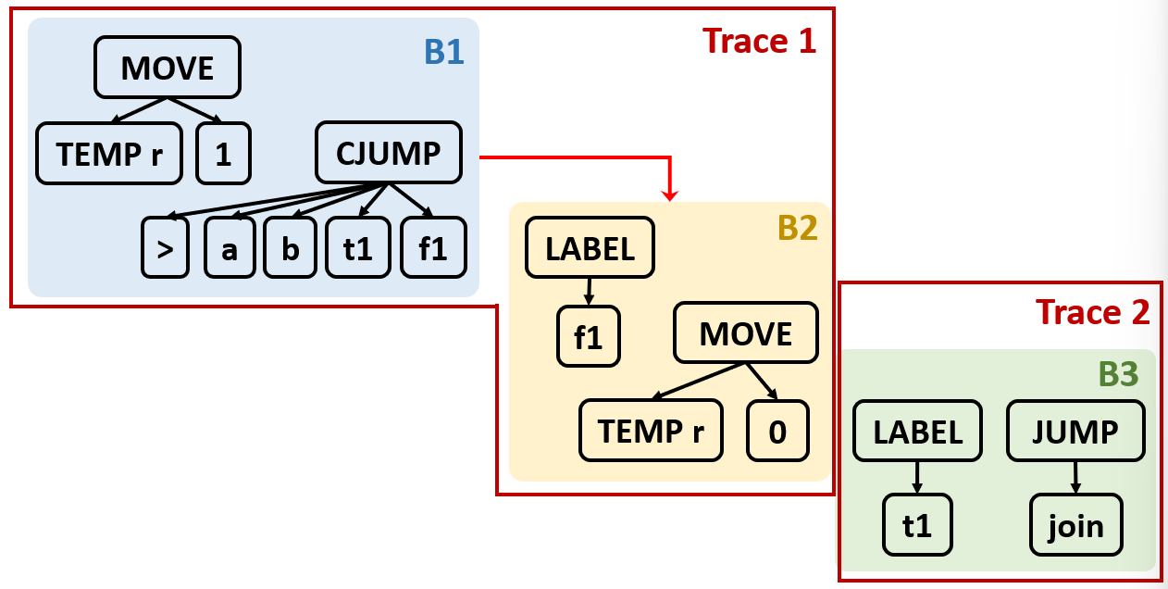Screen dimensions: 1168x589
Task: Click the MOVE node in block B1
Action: [x=168, y=68]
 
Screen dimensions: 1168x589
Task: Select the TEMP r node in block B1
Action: [x=109, y=154]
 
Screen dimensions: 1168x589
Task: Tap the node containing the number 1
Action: [x=224, y=154]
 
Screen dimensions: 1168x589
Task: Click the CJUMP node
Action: [x=389, y=153]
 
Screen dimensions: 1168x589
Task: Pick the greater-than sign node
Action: [x=165, y=247]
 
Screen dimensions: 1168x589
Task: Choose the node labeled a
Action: [x=230, y=247]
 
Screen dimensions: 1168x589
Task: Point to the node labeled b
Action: [x=290, y=247]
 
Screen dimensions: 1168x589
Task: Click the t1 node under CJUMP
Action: [x=357, y=247]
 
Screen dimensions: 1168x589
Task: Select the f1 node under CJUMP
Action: [x=433, y=247]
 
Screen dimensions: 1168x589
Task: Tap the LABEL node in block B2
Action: [x=590, y=247]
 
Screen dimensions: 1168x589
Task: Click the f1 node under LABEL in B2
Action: [x=589, y=336]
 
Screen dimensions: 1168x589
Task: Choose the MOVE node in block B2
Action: [x=746, y=332]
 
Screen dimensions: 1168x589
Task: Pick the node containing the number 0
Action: [x=777, y=431]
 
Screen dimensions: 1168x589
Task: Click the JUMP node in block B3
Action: [x=1075, y=431]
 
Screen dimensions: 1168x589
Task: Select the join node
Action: [x=1075, y=525]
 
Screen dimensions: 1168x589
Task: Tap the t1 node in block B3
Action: [x=917, y=525]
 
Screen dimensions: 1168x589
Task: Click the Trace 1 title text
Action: [x=759, y=41]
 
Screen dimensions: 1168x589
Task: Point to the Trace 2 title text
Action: [x=1092, y=312]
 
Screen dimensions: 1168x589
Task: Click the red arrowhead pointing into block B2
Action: [x=669, y=195]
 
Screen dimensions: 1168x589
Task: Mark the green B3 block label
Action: [x=1118, y=373]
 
